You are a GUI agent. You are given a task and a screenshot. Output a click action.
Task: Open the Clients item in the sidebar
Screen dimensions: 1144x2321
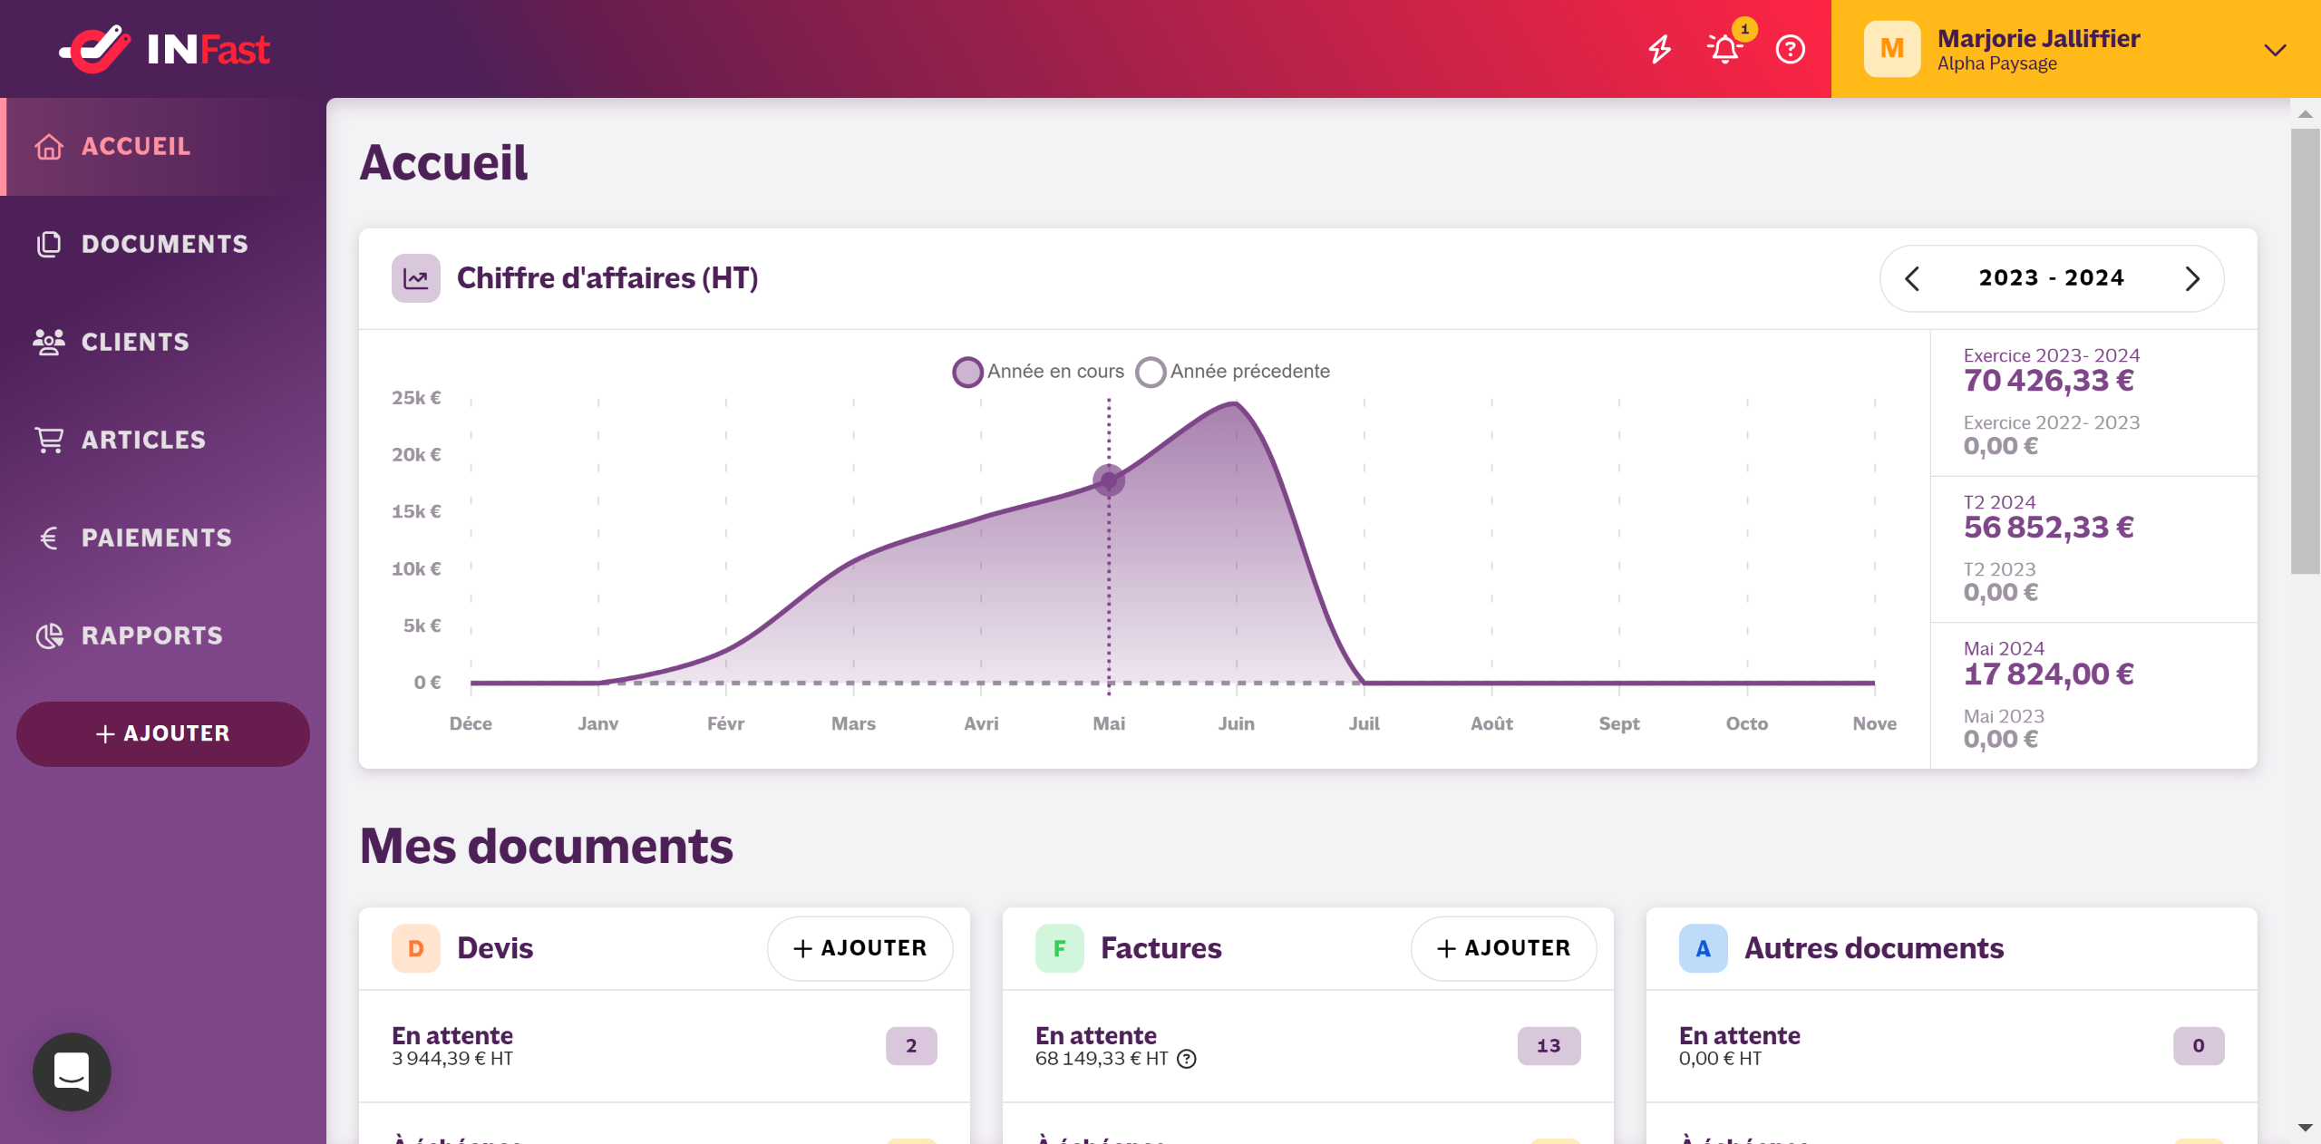coord(134,342)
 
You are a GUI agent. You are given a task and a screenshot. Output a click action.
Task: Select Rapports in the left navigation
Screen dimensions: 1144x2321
coord(151,635)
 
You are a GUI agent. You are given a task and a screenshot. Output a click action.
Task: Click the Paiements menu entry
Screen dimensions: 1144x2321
coord(156,538)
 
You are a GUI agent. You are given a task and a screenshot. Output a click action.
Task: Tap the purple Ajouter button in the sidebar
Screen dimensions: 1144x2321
coord(163,733)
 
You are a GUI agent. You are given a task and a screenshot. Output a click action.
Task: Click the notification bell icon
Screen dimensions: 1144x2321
coord(1724,49)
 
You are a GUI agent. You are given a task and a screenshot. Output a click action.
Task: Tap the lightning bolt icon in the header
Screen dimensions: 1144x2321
coord(1659,49)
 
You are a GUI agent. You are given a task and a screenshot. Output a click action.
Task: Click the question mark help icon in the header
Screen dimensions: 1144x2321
coord(1790,49)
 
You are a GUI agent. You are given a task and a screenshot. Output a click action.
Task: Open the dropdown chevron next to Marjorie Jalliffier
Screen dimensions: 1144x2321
coord(2275,50)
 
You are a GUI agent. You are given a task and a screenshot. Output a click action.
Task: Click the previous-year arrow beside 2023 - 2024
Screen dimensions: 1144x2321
coord(1912,278)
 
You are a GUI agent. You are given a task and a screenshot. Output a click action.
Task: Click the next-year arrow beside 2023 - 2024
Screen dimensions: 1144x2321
coord(2192,278)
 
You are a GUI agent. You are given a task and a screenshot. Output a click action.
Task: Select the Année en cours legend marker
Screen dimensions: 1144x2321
coord(968,372)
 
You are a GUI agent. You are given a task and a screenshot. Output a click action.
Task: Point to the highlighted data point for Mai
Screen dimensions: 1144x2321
coord(1108,480)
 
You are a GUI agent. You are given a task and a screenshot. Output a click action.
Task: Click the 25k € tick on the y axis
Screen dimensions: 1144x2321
coord(416,398)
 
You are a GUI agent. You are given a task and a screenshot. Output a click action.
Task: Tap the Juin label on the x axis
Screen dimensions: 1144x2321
coord(1236,723)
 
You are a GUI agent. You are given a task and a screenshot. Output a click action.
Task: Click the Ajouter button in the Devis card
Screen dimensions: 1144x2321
coord(859,948)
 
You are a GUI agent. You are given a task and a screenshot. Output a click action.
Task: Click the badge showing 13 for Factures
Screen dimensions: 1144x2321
coord(1549,1046)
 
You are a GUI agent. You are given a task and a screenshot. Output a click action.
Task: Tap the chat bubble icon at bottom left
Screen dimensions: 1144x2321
coord(72,1071)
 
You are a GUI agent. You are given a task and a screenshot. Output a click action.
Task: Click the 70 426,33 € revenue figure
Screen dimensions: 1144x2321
coord(2048,381)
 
